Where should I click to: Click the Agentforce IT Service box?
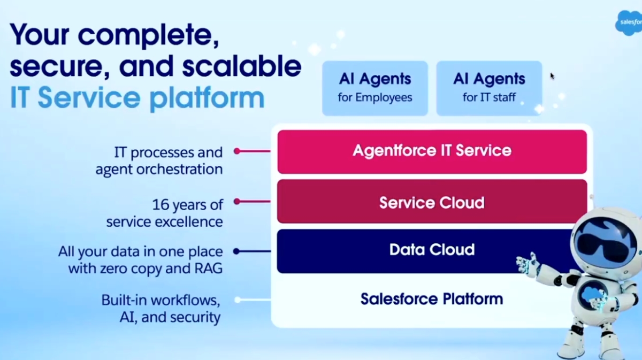point(432,151)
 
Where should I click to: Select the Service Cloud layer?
point(432,202)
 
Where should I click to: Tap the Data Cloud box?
point(432,250)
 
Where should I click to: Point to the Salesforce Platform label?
point(432,298)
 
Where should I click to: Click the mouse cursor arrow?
point(552,76)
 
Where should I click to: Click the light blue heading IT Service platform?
point(137,98)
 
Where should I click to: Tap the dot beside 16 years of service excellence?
point(237,202)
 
